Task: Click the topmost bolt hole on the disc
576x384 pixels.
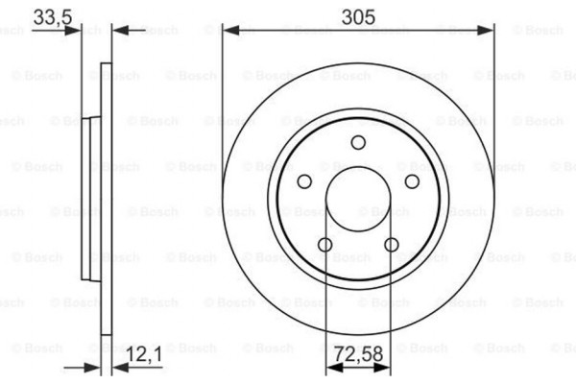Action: coord(358,144)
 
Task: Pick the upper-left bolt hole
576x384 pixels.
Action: coord(304,182)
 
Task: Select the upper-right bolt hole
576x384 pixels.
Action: coord(412,182)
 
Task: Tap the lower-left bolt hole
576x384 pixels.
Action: coord(325,246)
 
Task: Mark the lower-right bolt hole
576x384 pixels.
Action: coord(391,246)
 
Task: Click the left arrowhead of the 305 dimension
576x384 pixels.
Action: coord(228,31)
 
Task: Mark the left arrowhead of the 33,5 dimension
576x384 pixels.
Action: coord(74,31)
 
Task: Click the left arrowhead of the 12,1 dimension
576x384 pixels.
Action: coord(95,365)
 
